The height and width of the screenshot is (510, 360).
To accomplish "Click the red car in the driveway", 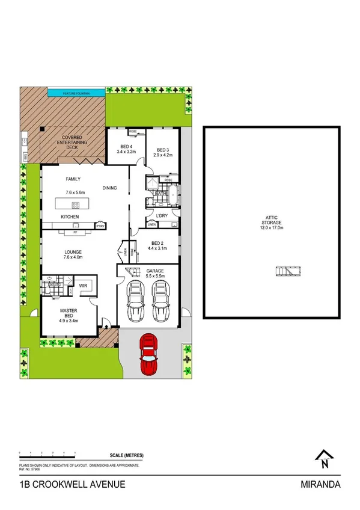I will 148,354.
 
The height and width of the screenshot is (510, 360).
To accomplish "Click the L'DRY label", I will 162,215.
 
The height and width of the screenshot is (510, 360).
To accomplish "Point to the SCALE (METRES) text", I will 126,456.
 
